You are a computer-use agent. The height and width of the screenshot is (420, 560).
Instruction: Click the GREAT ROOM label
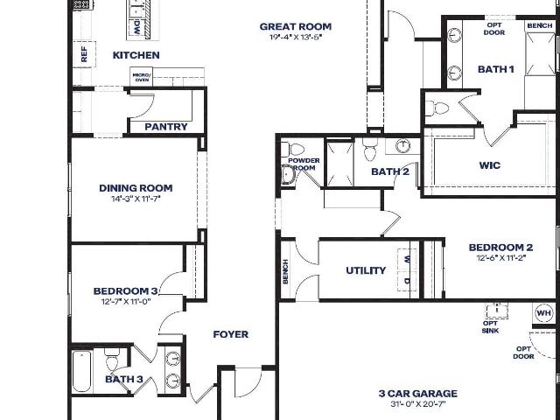click(x=296, y=26)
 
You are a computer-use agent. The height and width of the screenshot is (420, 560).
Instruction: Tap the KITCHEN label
click(x=136, y=55)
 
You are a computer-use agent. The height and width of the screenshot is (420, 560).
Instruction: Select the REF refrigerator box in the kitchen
click(x=84, y=54)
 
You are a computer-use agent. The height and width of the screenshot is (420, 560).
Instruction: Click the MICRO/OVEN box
click(x=142, y=77)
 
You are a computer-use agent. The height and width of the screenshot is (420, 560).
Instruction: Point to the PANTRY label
click(x=166, y=127)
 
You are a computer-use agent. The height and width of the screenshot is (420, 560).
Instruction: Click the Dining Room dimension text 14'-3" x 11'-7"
click(x=136, y=199)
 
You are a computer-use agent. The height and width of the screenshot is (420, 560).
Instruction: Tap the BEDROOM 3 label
click(x=126, y=291)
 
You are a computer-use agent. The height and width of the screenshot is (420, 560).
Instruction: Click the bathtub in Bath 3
click(x=81, y=371)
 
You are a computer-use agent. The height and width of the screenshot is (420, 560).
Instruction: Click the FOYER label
click(x=231, y=334)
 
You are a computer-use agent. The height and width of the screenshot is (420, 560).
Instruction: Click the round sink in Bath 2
click(x=403, y=146)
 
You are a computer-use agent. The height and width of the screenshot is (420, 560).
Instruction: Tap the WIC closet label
click(x=490, y=165)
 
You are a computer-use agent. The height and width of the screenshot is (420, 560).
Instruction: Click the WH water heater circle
click(x=544, y=313)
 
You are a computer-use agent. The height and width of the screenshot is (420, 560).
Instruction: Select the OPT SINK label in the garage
click(x=490, y=326)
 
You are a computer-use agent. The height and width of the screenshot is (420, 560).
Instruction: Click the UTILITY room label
click(x=366, y=270)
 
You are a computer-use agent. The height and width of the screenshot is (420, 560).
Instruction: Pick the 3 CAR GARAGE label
click(x=418, y=394)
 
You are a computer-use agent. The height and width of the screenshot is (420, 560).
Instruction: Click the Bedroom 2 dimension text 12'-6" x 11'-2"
click(x=501, y=257)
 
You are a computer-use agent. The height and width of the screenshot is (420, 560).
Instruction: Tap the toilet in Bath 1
click(x=437, y=108)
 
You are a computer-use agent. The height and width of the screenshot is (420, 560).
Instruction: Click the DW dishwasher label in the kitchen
click(x=136, y=27)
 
